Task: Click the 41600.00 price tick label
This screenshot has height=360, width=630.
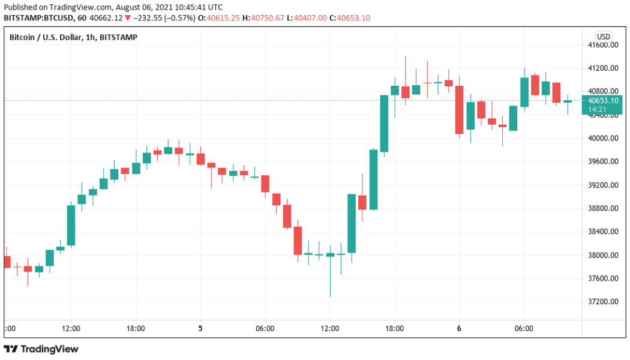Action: pos(602,45)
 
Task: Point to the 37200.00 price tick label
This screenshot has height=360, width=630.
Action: pos(602,302)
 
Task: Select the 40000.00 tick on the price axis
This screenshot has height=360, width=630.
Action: pos(602,139)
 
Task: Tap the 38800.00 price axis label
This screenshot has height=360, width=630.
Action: pos(602,208)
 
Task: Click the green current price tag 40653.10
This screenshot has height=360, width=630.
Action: pos(604,101)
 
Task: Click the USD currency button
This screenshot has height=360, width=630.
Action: pos(603,37)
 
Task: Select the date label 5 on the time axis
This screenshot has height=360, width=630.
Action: pos(200,329)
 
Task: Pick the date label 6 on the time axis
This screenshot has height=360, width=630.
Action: pos(459,329)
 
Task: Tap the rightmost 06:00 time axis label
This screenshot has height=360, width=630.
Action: pos(524,329)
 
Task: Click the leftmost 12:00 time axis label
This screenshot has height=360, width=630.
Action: pos(71,329)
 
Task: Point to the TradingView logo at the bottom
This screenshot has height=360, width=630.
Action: pos(41,349)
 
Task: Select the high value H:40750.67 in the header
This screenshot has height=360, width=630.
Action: pos(262,18)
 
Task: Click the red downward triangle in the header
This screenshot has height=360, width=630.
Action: pos(127,18)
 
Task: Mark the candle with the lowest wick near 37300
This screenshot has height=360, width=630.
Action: pos(330,256)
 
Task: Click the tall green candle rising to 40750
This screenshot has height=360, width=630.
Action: pos(384,123)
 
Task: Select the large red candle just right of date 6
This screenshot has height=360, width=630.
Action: pos(459,109)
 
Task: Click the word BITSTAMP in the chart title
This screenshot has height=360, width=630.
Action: pos(119,37)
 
